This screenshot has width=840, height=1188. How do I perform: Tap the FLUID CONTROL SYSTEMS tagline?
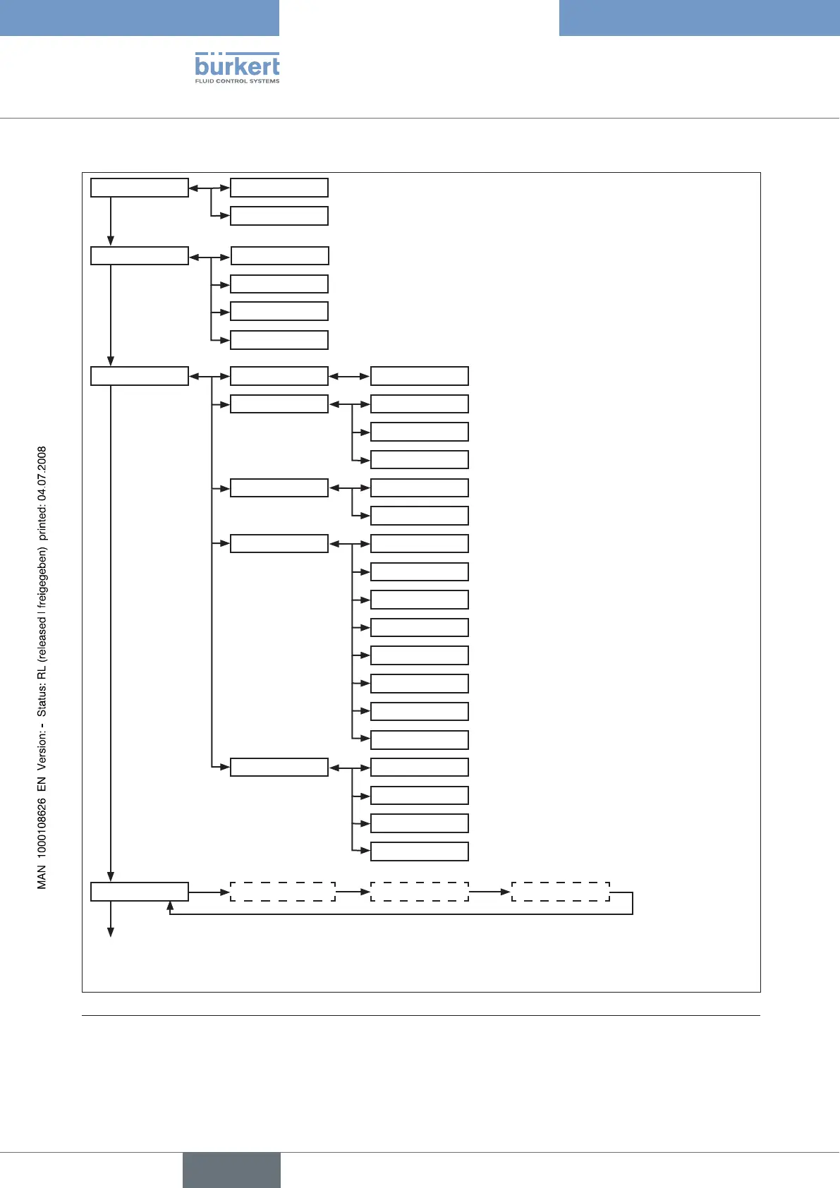click(237, 81)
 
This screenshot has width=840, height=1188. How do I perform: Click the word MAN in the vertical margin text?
click(42, 879)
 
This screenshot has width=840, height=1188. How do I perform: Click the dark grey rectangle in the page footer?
click(231, 1170)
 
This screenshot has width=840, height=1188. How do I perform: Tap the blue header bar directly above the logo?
click(140, 18)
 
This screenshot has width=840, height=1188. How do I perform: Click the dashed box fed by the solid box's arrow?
click(282, 892)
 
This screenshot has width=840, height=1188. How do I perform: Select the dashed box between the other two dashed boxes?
click(419, 892)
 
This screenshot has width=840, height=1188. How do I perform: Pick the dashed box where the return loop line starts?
click(560, 892)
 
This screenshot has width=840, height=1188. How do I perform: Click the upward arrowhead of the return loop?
click(170, 905)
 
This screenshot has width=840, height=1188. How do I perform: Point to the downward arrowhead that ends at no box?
click(111, 932)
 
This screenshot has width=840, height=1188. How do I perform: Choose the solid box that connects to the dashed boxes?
click(140, 892)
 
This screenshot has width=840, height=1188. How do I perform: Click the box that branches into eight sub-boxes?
click(279, 544)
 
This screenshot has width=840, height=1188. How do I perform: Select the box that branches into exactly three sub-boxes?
click(279, 404)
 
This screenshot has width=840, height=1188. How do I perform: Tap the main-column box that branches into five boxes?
click(140, 376)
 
